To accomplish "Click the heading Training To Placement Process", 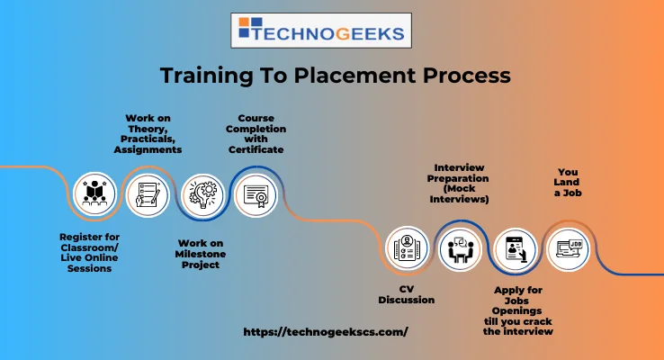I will pyautogui.click(x=335, y=76).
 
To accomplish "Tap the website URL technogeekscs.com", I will pyautogui.click(x=326, y=331).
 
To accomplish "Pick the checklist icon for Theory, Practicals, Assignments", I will pyautogui.click(x=146, y=194).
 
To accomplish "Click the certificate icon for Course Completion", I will pyautogui.click(x=256, y=194).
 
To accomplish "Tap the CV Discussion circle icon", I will pyautogui.click(x=406, y=248).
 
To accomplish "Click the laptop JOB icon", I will pyautogui.click(x=568, y=248).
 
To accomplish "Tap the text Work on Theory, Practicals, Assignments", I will pyautogui.click(x=148, y=134).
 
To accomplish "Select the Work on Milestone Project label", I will pyautogui.click(x=200, y=254).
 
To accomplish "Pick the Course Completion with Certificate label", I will pyautogui.click(x=256, y=133).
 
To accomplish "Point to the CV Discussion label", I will pyautogui.click(x=406, y=294).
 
